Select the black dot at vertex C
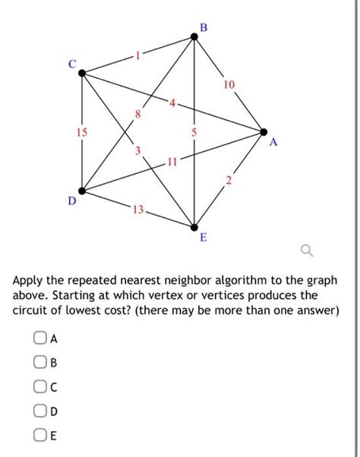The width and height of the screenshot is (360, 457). tap(81, 74)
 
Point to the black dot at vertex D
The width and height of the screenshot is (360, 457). tap(81, 191)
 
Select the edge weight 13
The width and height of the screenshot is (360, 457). tap(137, 209)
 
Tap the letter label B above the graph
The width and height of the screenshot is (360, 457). tap(203, 27)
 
